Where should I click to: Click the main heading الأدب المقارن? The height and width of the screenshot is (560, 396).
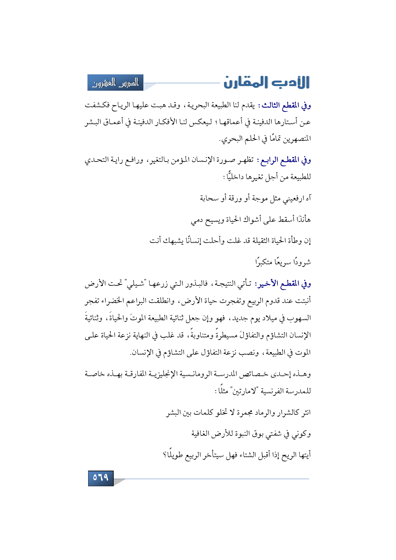pyautogui.click(x=266, y=82)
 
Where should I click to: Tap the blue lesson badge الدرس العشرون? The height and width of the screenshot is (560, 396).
pyautogui.click(x=116, y=83)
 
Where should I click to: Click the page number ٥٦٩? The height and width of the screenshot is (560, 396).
pyautogui.click(x=101, y=478)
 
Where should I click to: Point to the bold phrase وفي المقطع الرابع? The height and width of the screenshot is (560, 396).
pyautogui.click(x=284, y=160)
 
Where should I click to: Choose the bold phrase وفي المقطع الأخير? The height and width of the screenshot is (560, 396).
pyautogui.click(x=283, y=283)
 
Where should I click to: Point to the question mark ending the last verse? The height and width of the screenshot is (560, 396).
pyautogui.click(x=165, y=455)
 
